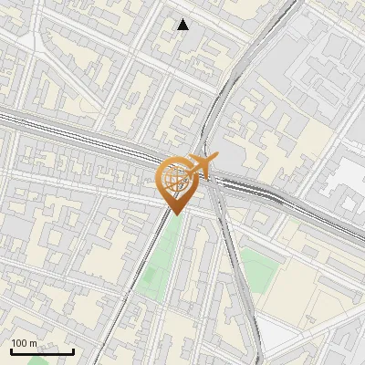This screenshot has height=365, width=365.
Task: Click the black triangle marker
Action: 183,25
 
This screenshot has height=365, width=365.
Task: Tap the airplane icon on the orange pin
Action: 203,164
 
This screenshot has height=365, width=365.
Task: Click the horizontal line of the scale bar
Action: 42,352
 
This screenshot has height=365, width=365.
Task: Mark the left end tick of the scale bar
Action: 11,349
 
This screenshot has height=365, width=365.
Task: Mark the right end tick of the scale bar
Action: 74,349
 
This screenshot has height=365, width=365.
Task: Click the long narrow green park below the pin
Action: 160,265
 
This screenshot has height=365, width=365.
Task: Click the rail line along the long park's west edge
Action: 146,274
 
